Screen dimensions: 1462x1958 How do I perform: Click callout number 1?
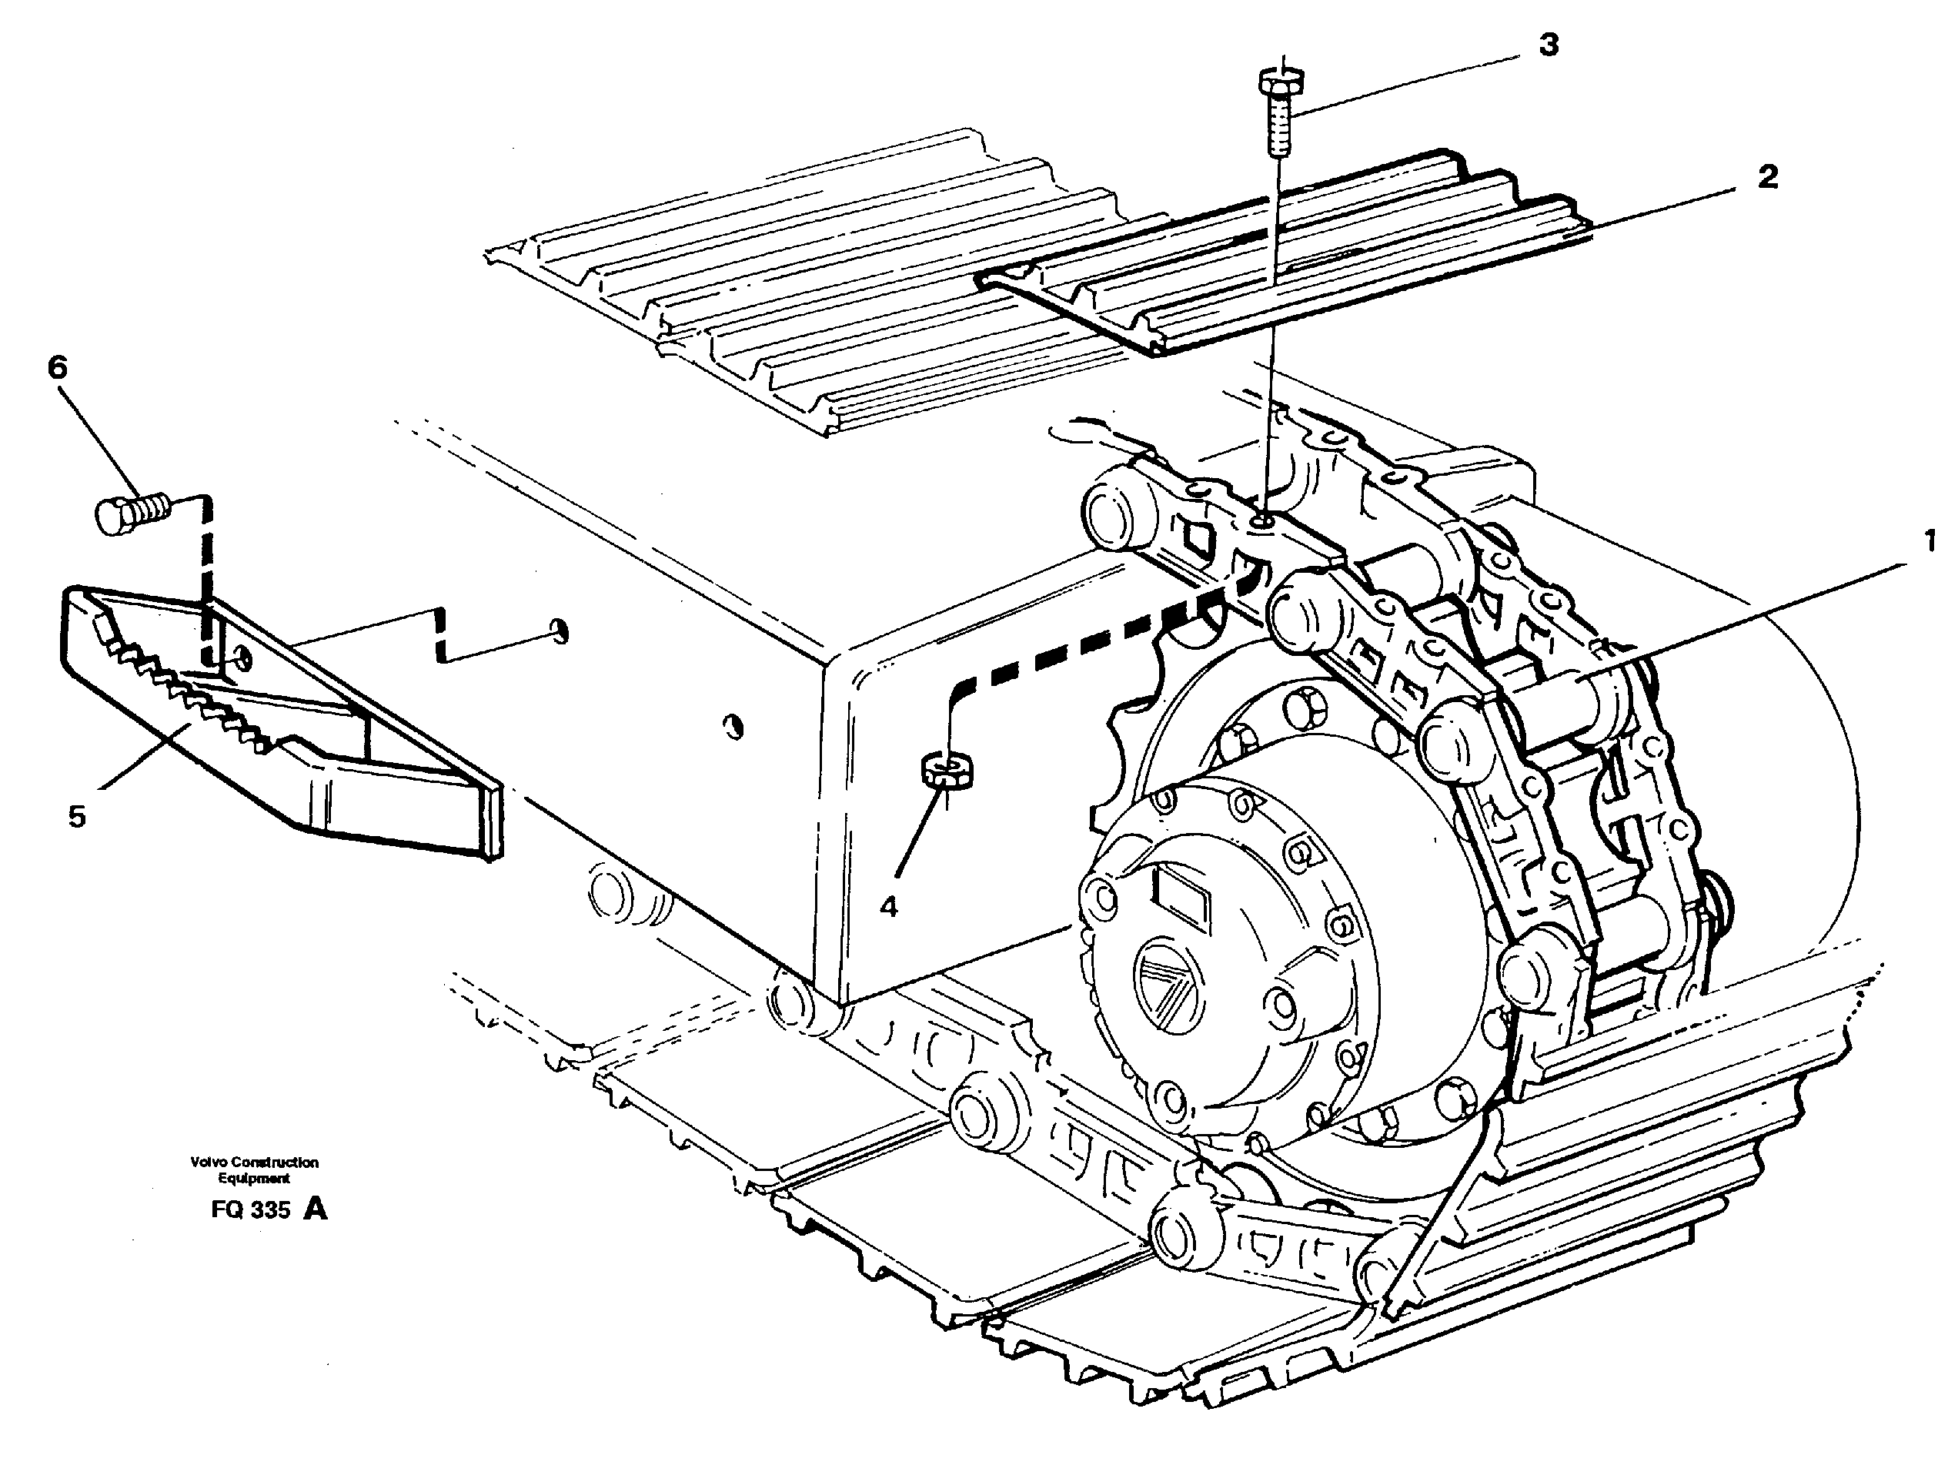1930,540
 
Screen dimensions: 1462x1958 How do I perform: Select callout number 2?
1767,176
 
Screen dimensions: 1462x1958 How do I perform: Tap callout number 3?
1548,44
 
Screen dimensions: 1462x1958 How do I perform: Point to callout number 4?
888,906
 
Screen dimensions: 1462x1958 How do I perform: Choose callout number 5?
77,816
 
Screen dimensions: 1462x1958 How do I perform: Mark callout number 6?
57,366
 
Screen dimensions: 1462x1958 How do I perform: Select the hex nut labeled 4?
948,768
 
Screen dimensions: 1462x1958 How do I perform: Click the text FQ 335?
250,1209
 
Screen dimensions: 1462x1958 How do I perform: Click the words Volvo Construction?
254,1162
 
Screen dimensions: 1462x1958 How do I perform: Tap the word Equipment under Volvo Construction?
254,1179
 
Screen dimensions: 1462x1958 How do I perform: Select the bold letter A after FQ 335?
315,1208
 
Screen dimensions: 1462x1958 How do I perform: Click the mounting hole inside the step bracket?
243,657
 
